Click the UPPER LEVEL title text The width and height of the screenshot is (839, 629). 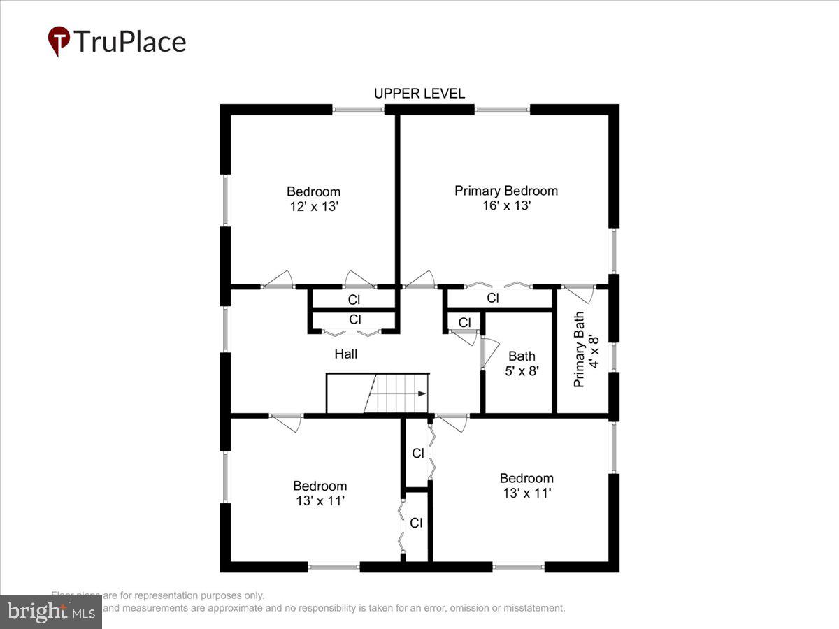(419, 94)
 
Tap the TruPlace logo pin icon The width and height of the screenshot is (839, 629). (59, 41)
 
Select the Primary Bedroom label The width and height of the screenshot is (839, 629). (506, 191)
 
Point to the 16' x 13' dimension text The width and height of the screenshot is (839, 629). (506, 206)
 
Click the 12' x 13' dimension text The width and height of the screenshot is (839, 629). (313, 207)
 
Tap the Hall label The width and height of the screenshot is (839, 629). (345, 354)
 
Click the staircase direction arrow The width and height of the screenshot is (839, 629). (422, 394)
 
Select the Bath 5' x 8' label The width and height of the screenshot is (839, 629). (522, 363)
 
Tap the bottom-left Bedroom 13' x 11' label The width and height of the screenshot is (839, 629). (320, 493)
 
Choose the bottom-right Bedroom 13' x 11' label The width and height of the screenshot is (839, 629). (526, 486)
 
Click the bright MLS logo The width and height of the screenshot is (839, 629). (50, 612)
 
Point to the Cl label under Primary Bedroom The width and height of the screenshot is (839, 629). (493, 298)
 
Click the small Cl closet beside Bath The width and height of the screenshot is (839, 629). (464, 322)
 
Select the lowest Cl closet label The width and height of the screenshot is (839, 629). (416, 523)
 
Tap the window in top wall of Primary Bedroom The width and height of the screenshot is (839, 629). (502, 109)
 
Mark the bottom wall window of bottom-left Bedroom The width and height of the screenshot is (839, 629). (334, 567)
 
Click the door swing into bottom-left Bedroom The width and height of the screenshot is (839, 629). (287, 422)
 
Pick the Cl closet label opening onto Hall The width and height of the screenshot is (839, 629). (354, 319)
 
